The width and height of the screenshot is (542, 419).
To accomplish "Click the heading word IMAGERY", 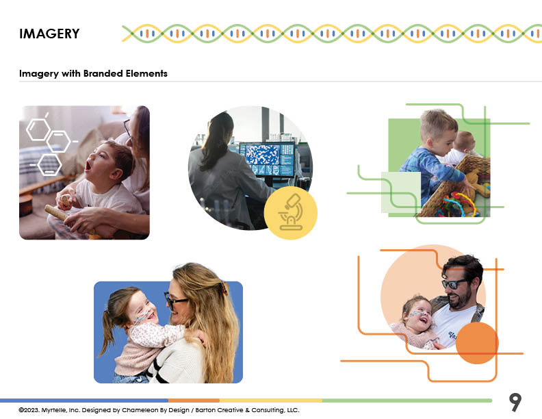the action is (x=49, y=34).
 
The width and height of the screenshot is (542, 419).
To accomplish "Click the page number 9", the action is (x=515, y=402).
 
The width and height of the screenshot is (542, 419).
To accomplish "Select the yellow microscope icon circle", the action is (x=290, y=213).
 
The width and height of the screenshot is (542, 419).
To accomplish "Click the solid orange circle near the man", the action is (x=477, y=343).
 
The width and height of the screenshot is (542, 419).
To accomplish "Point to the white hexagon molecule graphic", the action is (x=49, y=145).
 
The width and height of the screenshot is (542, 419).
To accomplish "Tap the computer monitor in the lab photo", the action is (x=267, y=160).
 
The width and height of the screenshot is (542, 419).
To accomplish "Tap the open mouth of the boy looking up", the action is (x=88, y=166).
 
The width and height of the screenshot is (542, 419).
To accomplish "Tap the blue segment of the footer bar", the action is (x=84, y=401).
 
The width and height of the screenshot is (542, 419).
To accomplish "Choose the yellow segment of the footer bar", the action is (x=270, y=401).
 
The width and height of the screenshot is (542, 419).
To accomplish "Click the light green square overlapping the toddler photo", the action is (x=401, y=192).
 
